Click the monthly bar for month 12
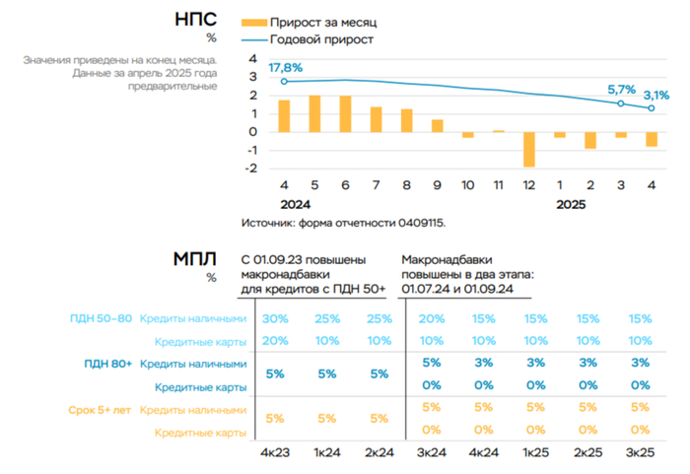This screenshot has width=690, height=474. click(x=528, y=149)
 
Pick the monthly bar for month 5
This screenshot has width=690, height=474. click(x=314, y=113)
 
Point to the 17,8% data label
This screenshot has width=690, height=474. click(x=285, y=68)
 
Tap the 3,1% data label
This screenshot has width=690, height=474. click(x=655, y=95)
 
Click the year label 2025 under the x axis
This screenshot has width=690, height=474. click(x=569, y=204)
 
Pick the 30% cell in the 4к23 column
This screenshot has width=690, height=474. click(x=275, y=319)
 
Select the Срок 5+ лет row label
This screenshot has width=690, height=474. click(x=100, y=408)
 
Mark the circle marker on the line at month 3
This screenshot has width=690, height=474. click(x=621, y=103)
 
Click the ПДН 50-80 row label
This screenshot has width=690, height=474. click(x=100, y=319)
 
